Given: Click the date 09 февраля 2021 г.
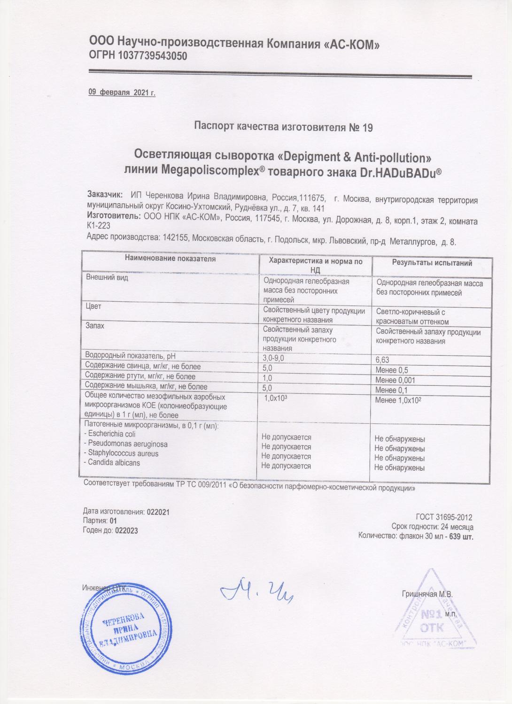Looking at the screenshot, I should (122, 92).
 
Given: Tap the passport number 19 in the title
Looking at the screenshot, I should (367, 127).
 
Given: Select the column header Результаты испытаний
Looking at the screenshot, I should (432, 263).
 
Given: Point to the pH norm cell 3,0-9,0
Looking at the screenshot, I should (274, 358).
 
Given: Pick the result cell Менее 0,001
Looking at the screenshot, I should (396, 380).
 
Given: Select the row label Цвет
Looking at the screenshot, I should (93, 306).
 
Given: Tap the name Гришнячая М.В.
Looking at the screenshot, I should (427, 594).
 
